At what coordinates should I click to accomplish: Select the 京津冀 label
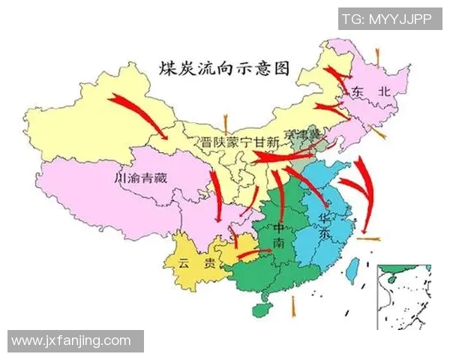[304, 133]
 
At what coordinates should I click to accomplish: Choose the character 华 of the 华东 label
[325, 217]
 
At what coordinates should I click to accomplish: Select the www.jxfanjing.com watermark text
[72, 341]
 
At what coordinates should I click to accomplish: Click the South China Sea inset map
[404, 295]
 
